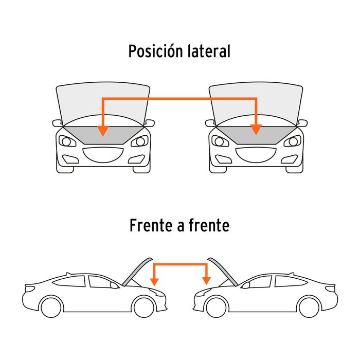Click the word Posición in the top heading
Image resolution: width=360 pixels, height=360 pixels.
(x=156, y=51)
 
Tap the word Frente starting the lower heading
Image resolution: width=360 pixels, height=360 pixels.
(x=151, y=225)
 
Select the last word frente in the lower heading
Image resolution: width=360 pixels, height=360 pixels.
(x=209, y=225)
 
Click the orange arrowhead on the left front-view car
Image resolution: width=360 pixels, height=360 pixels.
(x=103, y=131)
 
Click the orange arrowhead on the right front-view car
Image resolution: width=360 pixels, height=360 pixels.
(x=256, y=130)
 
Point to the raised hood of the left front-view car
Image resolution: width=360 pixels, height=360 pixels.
(x=103, y=104)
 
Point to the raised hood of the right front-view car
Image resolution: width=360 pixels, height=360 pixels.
(x=256, y=104)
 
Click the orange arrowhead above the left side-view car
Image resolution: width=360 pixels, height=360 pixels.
(x=154, y=282)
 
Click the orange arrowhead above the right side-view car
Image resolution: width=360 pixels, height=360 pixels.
(x=206, y=281)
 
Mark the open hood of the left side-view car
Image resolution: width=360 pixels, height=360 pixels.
(x=137, y=272)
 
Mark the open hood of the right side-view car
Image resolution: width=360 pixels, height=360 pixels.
(x=223, y=272)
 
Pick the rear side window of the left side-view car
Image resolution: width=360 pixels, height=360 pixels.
(x=69, y=281)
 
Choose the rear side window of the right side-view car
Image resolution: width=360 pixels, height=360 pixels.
(x=291, y=281)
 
